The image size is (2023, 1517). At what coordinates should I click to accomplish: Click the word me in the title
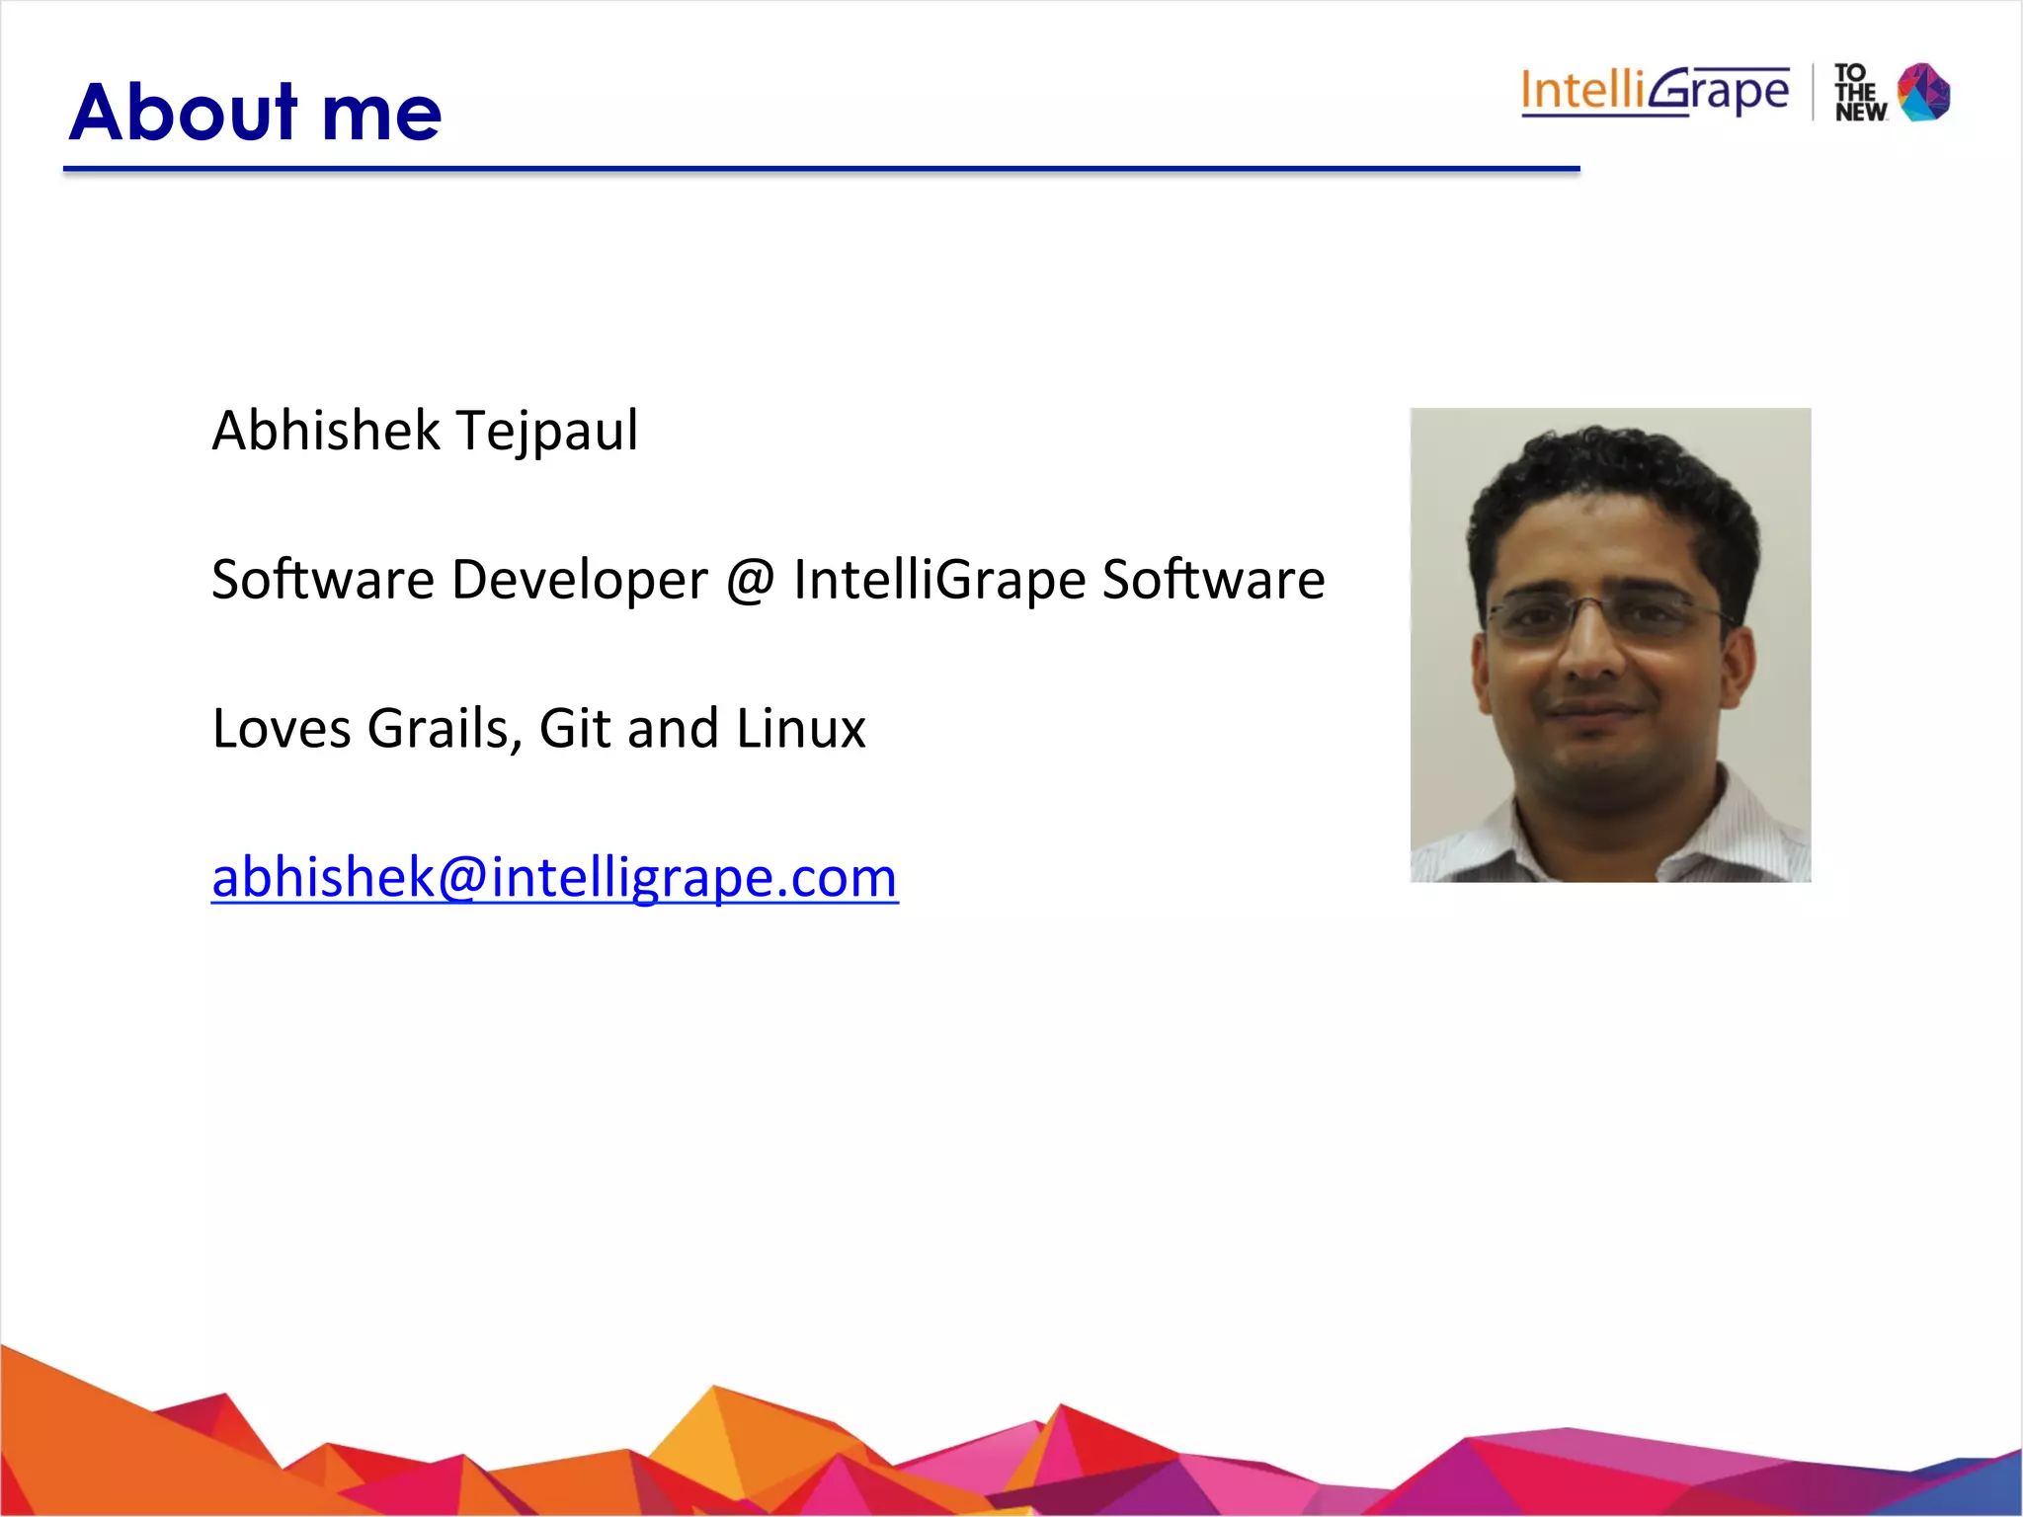click(381, 114)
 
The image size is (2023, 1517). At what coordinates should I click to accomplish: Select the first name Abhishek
click(326, 431)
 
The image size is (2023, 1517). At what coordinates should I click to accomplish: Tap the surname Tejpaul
click(547, 433)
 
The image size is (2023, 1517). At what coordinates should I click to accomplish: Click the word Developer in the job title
click(580, 580)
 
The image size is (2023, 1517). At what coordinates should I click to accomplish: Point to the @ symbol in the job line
click(751, 580)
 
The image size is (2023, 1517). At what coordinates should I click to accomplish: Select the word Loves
click(282, 729)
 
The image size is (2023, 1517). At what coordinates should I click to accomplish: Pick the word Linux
click(800, 729)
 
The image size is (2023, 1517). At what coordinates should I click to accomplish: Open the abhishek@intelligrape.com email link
click(554, 877)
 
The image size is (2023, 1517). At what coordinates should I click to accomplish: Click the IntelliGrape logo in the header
click(1655, 92)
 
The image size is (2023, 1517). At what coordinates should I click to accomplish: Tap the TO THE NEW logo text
click(1860, 93)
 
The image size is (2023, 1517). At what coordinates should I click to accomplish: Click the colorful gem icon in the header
click(1924, 92)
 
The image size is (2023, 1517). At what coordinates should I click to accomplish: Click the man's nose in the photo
click(1592, 652)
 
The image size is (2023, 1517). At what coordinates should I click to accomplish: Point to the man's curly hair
click(1610, 464)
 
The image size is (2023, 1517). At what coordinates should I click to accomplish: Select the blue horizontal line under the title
click(820, 170)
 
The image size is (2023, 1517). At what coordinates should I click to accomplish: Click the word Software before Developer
click(322, 580)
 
